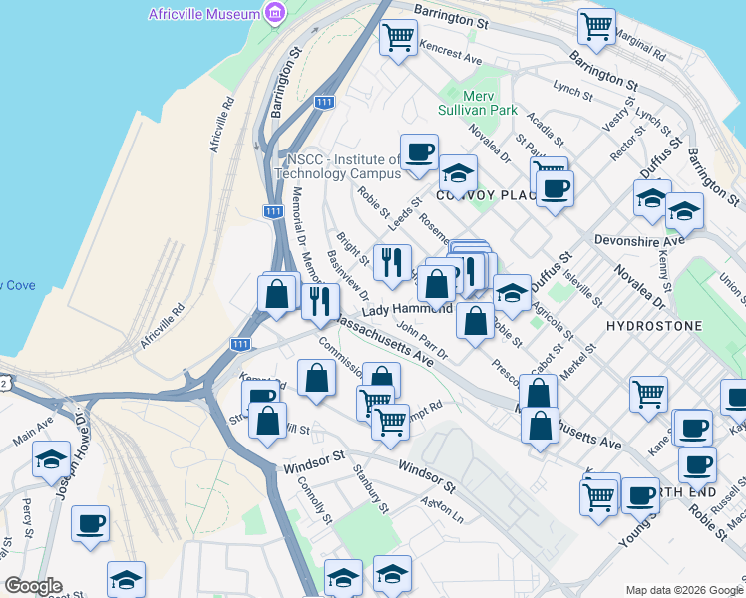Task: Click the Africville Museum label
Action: point(203,13)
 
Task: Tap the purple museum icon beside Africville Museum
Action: point(275,13)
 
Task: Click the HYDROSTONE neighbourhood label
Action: point(654,326)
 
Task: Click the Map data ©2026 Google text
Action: point(683,590)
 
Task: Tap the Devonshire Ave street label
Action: point(652,240)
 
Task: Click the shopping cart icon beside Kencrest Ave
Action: point(399,37)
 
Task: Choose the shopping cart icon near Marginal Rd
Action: point(596,25)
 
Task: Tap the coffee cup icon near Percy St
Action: point(90,522)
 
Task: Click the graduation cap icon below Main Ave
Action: point(51,459)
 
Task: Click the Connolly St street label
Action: point(314,498)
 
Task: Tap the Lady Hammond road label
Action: point(400,311)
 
